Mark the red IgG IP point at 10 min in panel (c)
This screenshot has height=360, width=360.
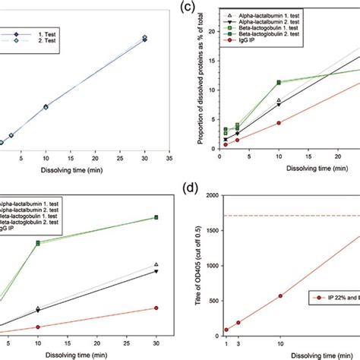[x=279, y=123]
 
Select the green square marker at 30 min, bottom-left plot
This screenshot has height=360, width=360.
[x=156, y=217]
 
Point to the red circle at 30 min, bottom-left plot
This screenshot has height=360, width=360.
[x=156, y=308]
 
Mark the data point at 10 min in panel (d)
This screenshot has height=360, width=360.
[x=280, y=296]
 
